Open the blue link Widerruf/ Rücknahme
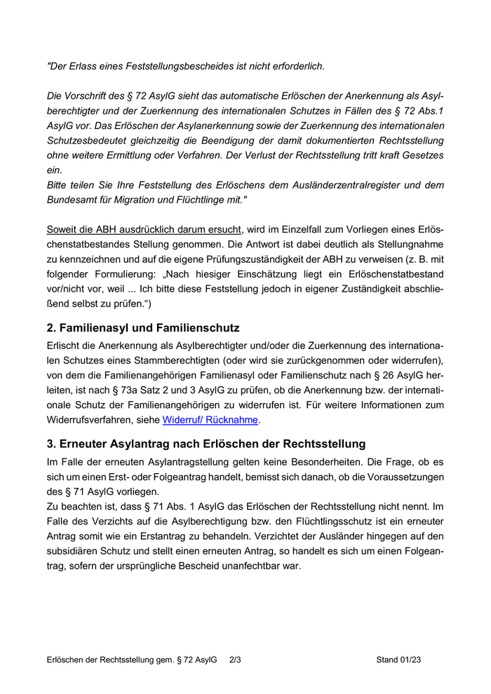210,420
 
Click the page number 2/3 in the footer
235,660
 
